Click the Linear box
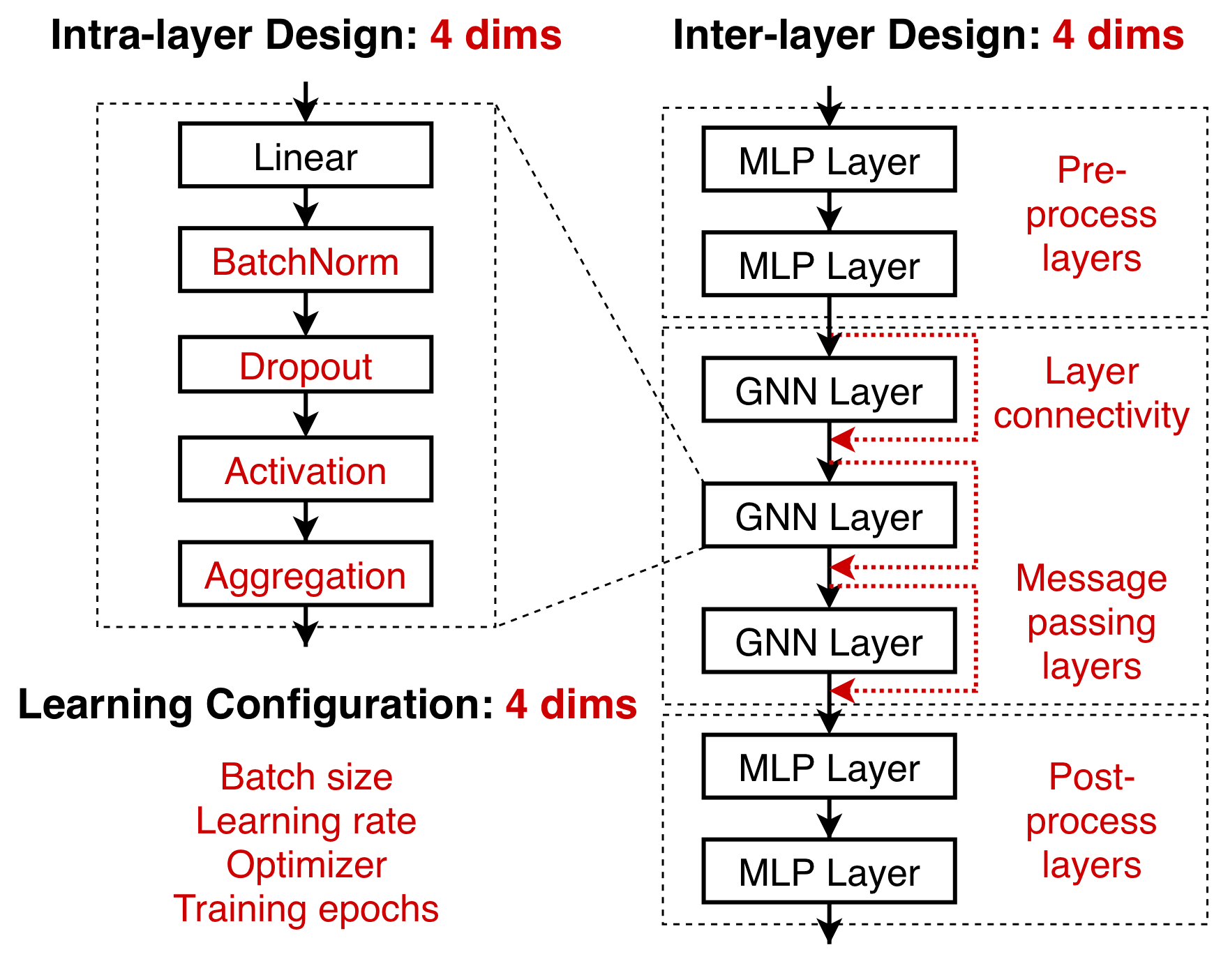click(x=306, y=156)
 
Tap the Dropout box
click(x=306, y=365)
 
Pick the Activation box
click(x=306, y=469)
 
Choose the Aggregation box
click(x=306, y=574)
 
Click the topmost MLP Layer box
click(x=829, y=160)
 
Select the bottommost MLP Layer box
click(x=829, y=871)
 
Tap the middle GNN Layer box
click(x=829, y=515)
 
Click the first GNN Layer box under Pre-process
click(x=829, y=390)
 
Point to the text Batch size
click(x=306, y=777)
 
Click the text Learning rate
click(x=306, y=821)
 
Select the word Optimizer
click(x=306, y=865)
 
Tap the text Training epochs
click(x=306, y=909)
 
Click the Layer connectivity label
click(x=1091, y=393)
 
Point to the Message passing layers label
click(x=1091, y=622)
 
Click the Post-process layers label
click(x=1091, y=821)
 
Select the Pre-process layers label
click(x=1091, y=214)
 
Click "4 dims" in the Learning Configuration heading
click(x=571, y=704)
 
